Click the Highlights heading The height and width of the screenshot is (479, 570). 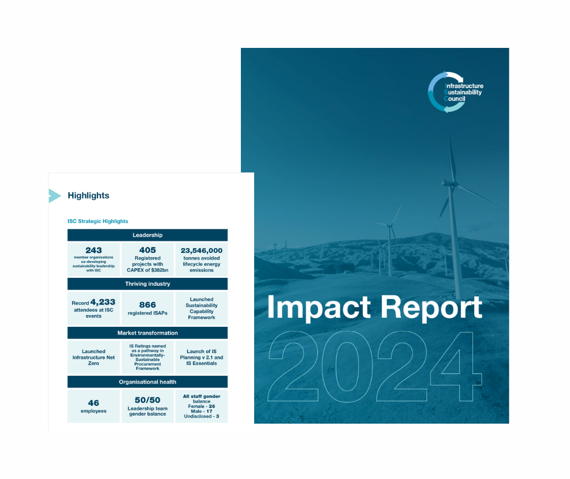coord(88,195)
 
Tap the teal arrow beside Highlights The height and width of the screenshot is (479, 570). coord(55,196)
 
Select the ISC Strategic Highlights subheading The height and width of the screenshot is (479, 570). coord(98,221)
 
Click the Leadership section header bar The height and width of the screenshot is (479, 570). coord(148,235)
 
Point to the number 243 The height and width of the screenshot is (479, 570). coord(94,251)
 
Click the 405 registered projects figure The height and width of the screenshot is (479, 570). coord(148,250)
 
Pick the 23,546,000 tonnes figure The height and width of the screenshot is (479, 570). coord(202,251)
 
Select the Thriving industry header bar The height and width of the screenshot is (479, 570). coord(148,284)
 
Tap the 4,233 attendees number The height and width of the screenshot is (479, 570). coord(103,302)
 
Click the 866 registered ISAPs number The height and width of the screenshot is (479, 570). coord(148,304)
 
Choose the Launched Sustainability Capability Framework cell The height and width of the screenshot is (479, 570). coord(202,308)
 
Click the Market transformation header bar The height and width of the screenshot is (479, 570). coord(148,333)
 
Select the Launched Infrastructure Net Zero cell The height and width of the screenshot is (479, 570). coord(94,357)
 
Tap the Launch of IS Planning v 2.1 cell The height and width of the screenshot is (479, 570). coord(202,357)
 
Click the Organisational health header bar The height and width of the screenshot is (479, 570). coord(148,382)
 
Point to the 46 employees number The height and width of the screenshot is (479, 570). coord(94,403)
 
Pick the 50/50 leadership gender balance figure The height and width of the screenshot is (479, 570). coord(148,400)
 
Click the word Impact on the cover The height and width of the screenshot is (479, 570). coord(319,308)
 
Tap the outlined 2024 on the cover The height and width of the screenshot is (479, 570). coord(374,367)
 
